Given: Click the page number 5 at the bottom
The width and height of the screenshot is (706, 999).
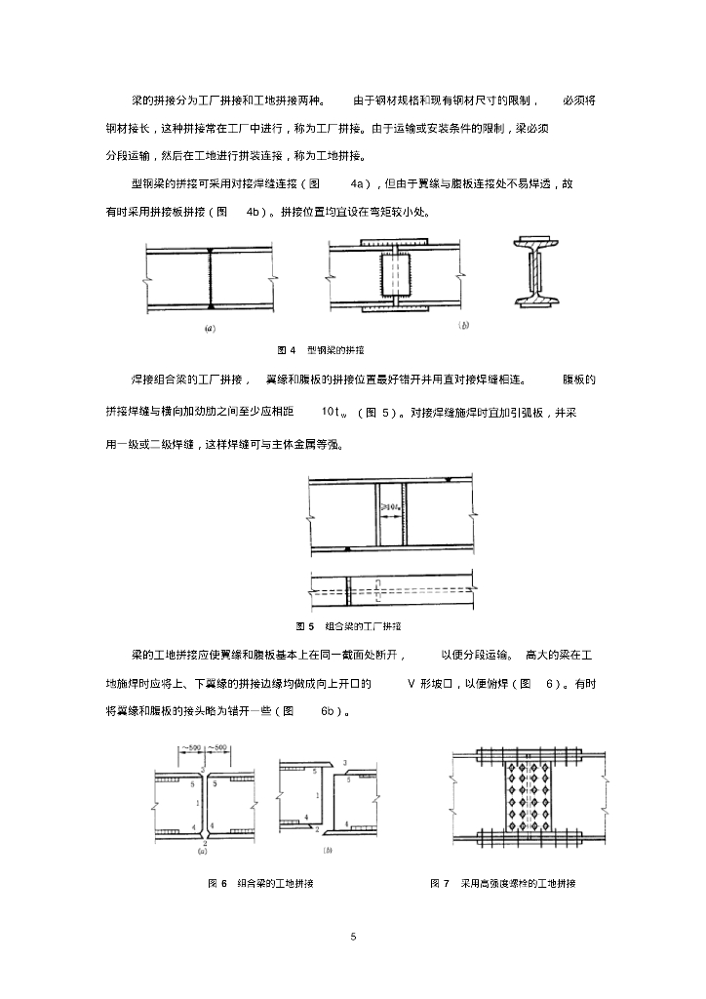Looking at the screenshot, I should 353,937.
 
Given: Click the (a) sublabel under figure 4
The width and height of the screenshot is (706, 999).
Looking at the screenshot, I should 210,329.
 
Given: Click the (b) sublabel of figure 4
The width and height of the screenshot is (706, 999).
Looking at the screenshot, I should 463,326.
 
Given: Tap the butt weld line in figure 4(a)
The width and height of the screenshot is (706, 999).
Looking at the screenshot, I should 210,277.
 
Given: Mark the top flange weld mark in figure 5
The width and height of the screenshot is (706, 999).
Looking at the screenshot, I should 446,480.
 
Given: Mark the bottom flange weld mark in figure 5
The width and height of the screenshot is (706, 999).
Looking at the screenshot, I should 347,551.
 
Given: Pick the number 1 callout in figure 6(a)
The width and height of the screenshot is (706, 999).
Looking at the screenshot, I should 198,802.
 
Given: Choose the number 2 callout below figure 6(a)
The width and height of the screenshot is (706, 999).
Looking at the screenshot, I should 206,840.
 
